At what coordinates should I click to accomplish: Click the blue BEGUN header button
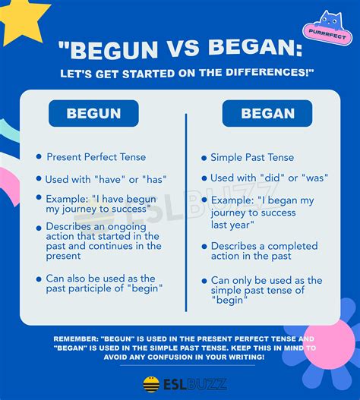pos(93,114)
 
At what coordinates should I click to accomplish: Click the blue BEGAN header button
pos(267,114)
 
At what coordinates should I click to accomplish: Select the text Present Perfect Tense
pos(96,157)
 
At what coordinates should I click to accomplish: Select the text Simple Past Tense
pos(252,157)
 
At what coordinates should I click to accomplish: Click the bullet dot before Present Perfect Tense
pos(38,156)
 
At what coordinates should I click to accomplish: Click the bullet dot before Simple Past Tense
pos(203,157)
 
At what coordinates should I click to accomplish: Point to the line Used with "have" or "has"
pos(106,179)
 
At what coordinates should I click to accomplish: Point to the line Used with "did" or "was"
pos(268,178)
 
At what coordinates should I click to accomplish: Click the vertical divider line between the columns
pos(186,213)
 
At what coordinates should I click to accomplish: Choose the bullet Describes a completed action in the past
pos(264,251)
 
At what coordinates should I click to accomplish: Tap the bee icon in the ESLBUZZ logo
pos(151,384)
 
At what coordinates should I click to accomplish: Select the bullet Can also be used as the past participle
pos(104,283)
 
